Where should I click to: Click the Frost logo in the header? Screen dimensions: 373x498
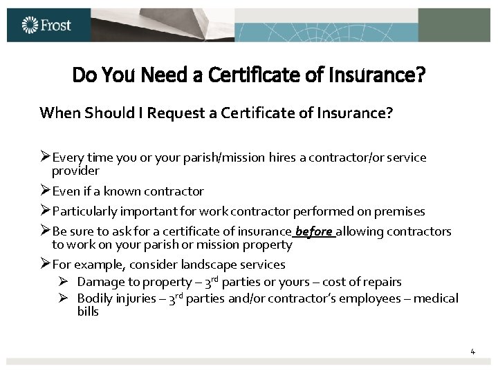click(46, 26)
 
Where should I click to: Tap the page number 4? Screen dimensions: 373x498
click(473, 352)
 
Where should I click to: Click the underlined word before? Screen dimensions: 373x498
click(313, 231)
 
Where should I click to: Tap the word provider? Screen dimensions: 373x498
click(76, 171)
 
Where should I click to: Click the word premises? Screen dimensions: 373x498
click(400, 211)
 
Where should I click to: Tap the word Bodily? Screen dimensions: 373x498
click(94, 298)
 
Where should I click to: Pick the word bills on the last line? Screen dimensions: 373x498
click(88, 312)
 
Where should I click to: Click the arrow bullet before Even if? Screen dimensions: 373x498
click(45, 191)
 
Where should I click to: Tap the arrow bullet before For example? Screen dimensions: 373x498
click(45, 264)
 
